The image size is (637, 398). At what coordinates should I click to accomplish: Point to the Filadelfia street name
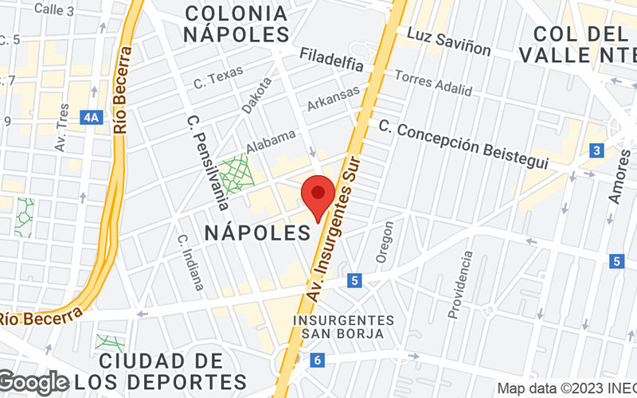(332, 60)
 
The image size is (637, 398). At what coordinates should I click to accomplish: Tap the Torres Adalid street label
(433, 82)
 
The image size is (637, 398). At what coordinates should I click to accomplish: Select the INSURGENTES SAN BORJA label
(344, 327)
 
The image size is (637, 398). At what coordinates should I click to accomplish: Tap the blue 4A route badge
(93, 119)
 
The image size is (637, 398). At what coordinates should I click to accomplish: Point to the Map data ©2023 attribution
(566, 389)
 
